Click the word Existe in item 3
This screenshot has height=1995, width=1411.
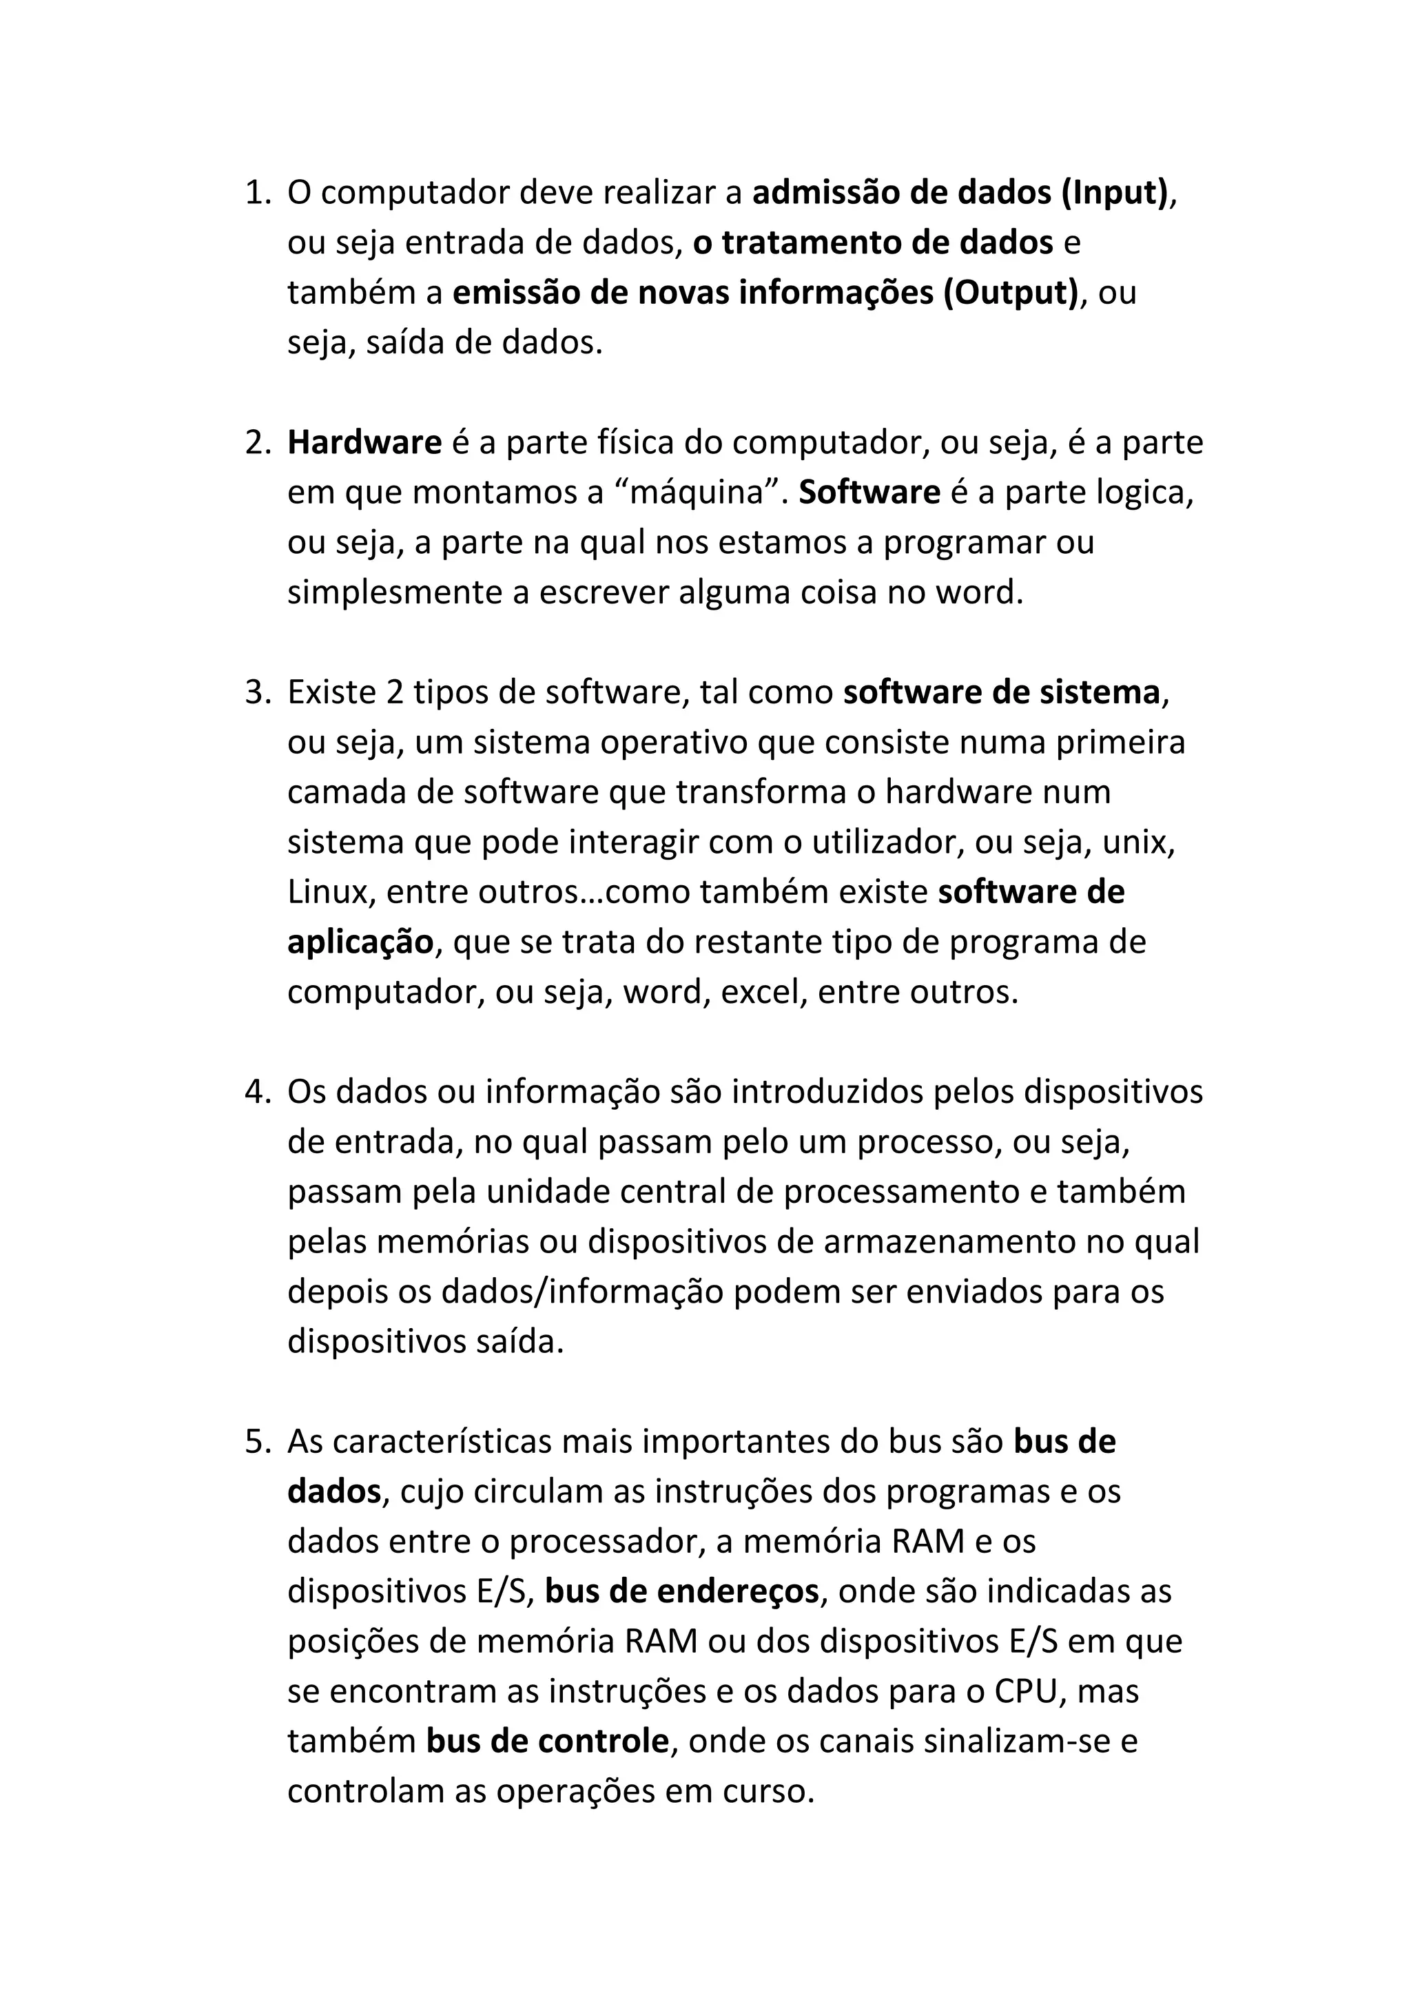click(327, 692)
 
